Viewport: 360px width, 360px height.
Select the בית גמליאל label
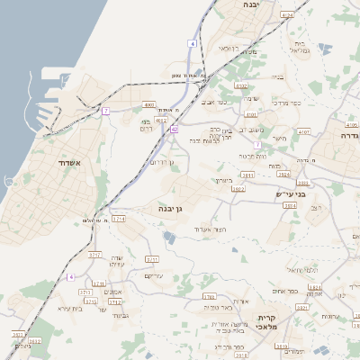300,47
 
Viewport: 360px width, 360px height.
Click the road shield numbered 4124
286,15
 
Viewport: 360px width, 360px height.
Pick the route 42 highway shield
174,129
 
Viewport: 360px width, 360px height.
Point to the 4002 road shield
148,104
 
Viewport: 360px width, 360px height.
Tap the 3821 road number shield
303,307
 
